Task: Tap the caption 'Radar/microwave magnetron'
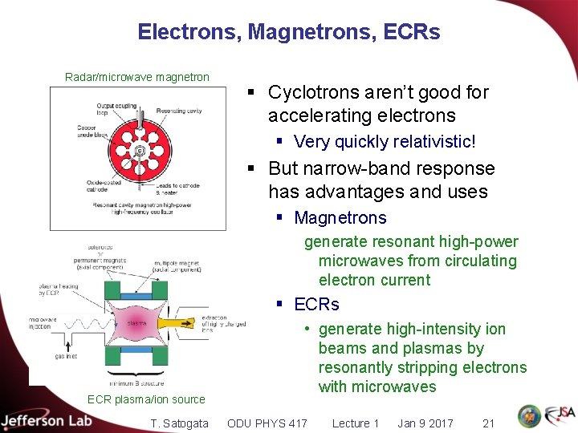click(137, 78)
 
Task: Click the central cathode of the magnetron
click(140, 150)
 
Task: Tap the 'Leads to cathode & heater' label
click(179, 188)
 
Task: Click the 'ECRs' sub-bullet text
click(317, 305)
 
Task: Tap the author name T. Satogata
click(179, 423)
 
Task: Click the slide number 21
click(488, 423)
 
